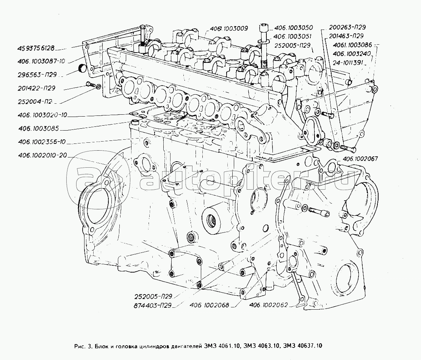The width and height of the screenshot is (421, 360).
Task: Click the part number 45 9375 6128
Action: [x=36, y=48]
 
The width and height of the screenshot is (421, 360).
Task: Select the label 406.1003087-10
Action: [x=42, y=61]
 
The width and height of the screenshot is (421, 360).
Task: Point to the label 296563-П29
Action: [x=36, y=75]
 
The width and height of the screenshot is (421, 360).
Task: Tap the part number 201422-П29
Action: [x=36, y=88]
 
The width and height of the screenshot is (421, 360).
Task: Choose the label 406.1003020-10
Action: [x=42, y=115]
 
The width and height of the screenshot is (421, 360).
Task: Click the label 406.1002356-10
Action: [x=42, y=142]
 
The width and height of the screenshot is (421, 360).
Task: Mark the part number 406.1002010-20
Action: [x=42, y=156]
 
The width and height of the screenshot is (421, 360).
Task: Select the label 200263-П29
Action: [x=347, y=28]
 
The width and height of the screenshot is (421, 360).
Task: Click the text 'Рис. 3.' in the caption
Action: [x=84, y=346]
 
